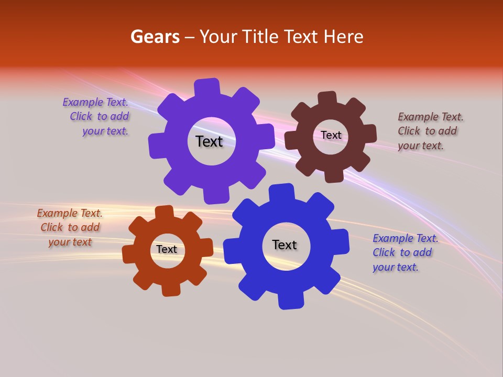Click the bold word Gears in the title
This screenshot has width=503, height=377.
(x=155, y=37)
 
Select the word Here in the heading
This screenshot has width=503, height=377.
(x=344, y=37)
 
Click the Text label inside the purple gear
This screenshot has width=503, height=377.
(x=209, y=141)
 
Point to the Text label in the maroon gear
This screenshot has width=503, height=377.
(x=331, y=135)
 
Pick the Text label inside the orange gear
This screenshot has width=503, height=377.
(x=167, y=249)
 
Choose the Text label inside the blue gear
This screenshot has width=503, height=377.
(x=285, y=245)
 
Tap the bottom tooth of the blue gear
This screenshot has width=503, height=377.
(x=290, y=301)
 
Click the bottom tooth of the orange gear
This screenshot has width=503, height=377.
(x=171, y=290)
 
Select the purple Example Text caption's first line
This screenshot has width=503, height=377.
(x=95, y=102)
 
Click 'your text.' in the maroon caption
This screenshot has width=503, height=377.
(x=421, y=146)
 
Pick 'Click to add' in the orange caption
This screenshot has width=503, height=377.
(x=70, y=227)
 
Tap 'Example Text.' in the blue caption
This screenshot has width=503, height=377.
(x=406, y=238)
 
